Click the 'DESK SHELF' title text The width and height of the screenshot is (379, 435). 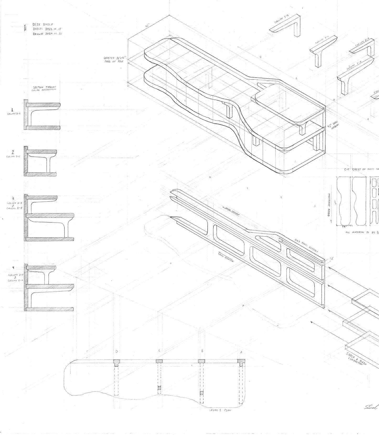tap(43, 24)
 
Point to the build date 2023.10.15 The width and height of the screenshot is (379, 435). tap(52, 29)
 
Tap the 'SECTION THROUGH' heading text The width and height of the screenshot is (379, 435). tap(44, 87)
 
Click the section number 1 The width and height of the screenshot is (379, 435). tap(12, 110)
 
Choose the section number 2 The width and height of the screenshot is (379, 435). tap(13, 152)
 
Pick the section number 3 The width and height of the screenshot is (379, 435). tap(13, 198)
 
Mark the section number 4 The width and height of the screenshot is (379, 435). tap(13, 268)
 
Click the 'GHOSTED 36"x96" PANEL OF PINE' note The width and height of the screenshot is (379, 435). tap(115, 60)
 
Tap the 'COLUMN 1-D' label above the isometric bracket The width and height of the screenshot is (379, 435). tap(281, 19)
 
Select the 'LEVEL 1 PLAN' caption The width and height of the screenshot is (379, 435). tap(220, 410)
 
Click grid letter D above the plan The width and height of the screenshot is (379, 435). tap(116, 351)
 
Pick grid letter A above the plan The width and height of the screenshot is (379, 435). tap(241, 352)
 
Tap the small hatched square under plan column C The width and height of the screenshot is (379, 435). tap(159, 388)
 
